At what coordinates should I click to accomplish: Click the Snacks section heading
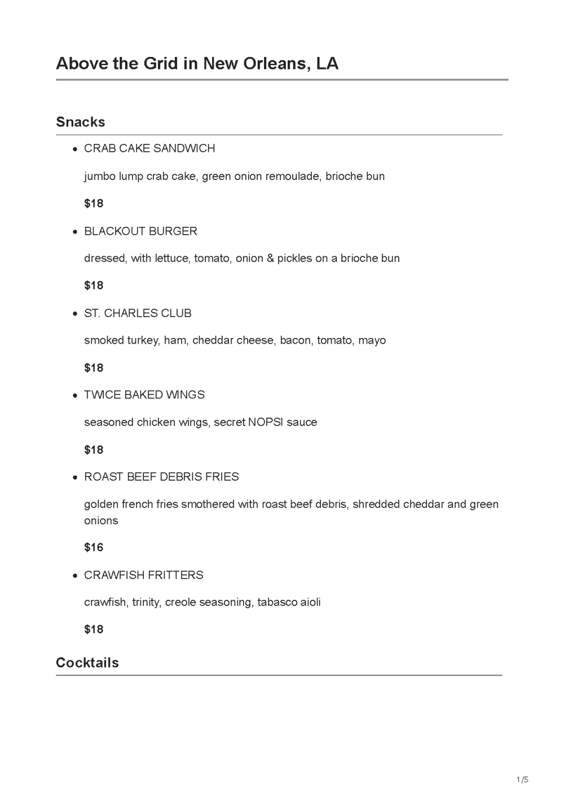[81, 122]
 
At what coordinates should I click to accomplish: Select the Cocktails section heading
[87, 662]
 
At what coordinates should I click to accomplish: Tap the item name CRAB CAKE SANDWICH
[149, 148]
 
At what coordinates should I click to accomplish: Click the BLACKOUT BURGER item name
[140, 231]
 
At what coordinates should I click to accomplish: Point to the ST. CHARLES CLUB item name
[138, 313]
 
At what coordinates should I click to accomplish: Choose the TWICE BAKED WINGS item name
[144, 395]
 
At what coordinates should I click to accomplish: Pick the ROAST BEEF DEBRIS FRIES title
[161, 477]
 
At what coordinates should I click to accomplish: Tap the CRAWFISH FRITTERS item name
[144, 575]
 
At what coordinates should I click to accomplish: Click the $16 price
[94, 547]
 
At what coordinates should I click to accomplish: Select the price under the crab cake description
[94, 204]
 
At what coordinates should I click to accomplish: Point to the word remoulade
[293, 176]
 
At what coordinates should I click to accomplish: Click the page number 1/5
[522, 780]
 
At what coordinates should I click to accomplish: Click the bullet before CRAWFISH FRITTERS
[74, 576]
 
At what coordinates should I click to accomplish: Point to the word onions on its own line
[101, 520]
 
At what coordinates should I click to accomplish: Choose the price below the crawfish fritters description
[94, 629]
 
